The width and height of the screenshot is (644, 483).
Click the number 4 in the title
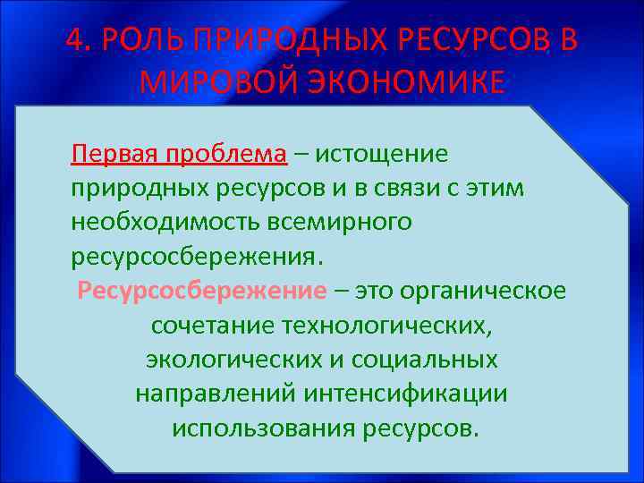tap(76, 41)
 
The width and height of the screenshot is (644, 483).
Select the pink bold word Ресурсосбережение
tap(203, 292)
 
